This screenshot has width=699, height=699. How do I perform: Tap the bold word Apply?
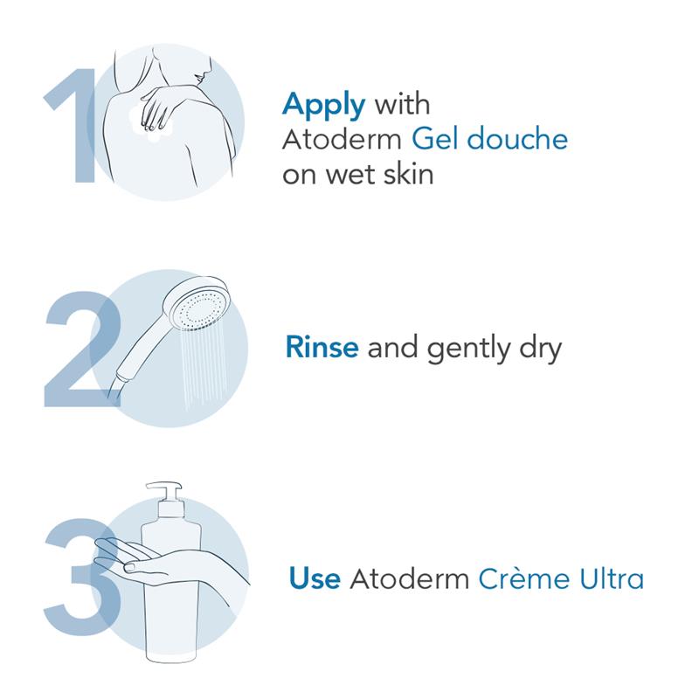(x=323, y=106)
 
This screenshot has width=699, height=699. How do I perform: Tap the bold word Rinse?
(x=322, y=348)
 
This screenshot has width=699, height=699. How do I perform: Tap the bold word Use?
(x=314, y=578)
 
